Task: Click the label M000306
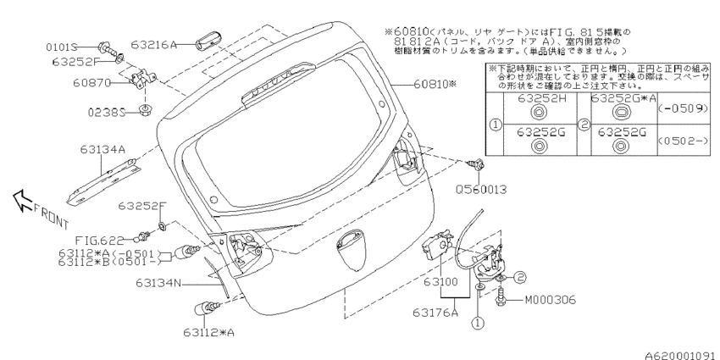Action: (549, 299)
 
